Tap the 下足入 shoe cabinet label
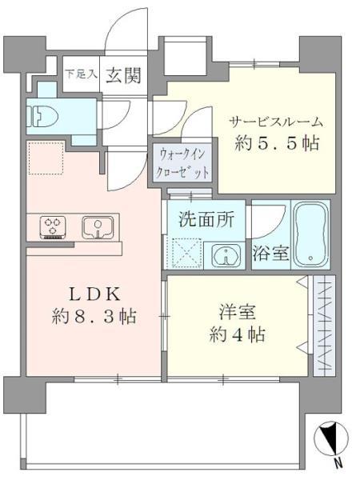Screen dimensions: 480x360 [x=82, y=74]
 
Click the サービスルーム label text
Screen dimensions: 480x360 [x=277, y=122]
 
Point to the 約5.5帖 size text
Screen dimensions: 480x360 [x=277, y=146]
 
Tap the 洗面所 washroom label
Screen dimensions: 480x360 [x=206, y=219]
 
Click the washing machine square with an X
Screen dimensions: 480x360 [x=189, y=256]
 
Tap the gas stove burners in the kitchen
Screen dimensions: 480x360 [x=54, y=226]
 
